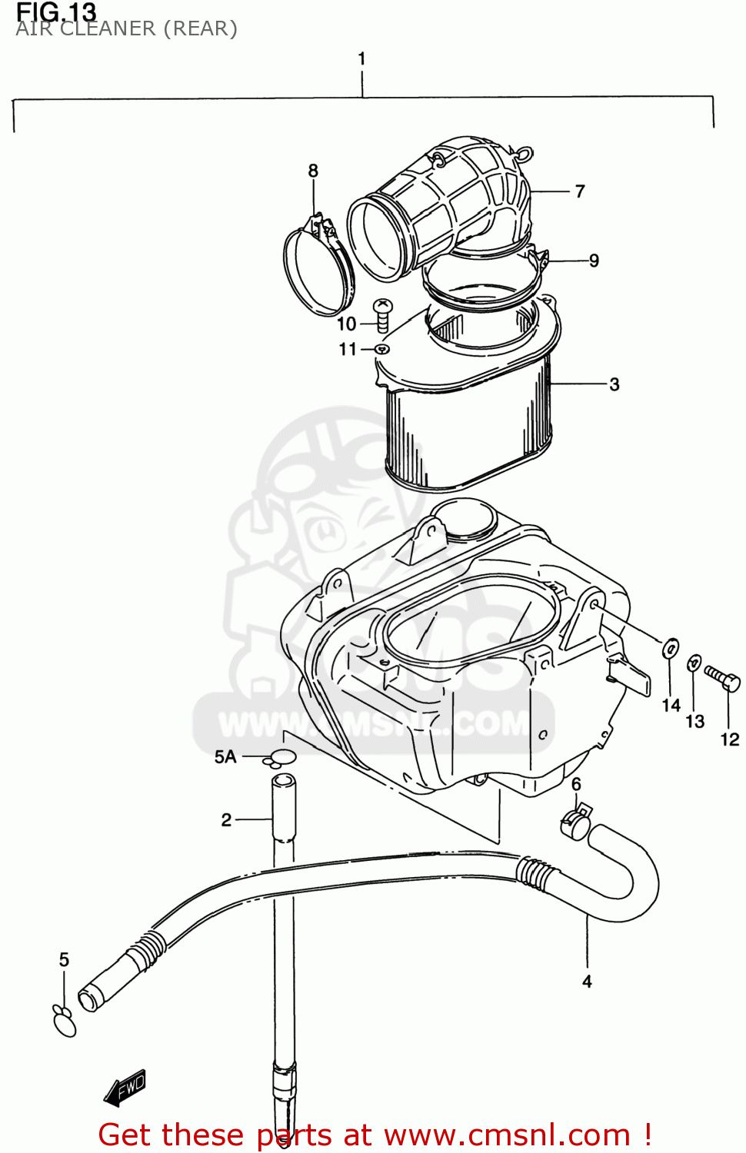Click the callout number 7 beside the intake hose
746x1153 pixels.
click(580, 191)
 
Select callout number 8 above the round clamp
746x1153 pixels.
click(313, 171)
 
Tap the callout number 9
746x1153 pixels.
click(594, 261)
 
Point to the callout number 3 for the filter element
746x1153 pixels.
click(614, 384)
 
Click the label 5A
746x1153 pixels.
click(225, 757)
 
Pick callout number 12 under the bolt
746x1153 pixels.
click(729, 739)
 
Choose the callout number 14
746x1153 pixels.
click(671, 705)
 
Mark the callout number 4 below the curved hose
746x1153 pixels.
click(587, 982)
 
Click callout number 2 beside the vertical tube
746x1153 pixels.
click(226, 820)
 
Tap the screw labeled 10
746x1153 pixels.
click(382, 314)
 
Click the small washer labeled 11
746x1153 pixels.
click(382, 350)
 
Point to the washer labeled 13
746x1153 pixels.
click(694, 662)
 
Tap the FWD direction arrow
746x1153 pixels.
click(125, 1088)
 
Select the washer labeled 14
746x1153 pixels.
click(671, 648)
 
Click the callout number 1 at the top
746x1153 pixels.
click(361, 59)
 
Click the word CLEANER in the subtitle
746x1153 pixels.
click(108, 29)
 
